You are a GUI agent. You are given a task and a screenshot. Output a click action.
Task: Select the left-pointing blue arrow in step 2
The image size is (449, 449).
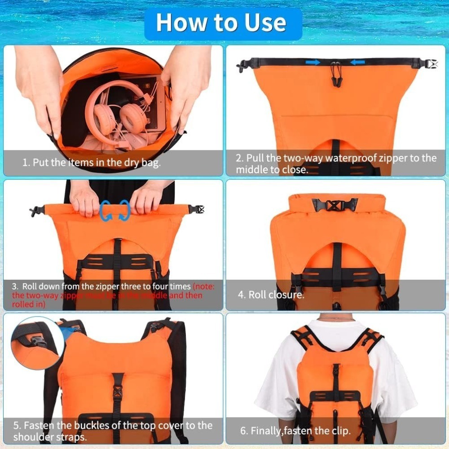click(x=357, y=62)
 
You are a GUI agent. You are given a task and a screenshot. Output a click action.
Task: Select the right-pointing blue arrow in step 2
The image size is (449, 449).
click(x=313, y=62)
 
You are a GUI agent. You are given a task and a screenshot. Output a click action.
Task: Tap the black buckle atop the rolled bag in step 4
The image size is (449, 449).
click(x=335, y=205)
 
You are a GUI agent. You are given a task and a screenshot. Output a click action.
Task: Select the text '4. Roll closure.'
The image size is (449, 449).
click(x=271, y=295)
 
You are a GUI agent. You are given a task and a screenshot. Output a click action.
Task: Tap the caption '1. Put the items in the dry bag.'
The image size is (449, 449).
click(x=91, y=162)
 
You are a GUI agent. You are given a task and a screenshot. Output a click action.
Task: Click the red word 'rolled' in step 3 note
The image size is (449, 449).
click(x=22, y=304)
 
